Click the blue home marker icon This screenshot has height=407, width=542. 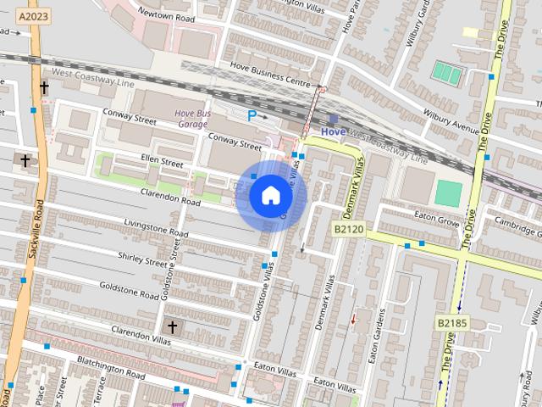pos(270,196)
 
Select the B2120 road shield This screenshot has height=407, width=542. pos(347,229)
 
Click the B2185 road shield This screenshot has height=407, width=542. pos(453,323)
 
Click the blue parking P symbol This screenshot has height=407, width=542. pos(252,114)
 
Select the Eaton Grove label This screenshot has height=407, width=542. pos(435,218)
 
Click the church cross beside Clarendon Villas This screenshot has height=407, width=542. pos(172,327)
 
